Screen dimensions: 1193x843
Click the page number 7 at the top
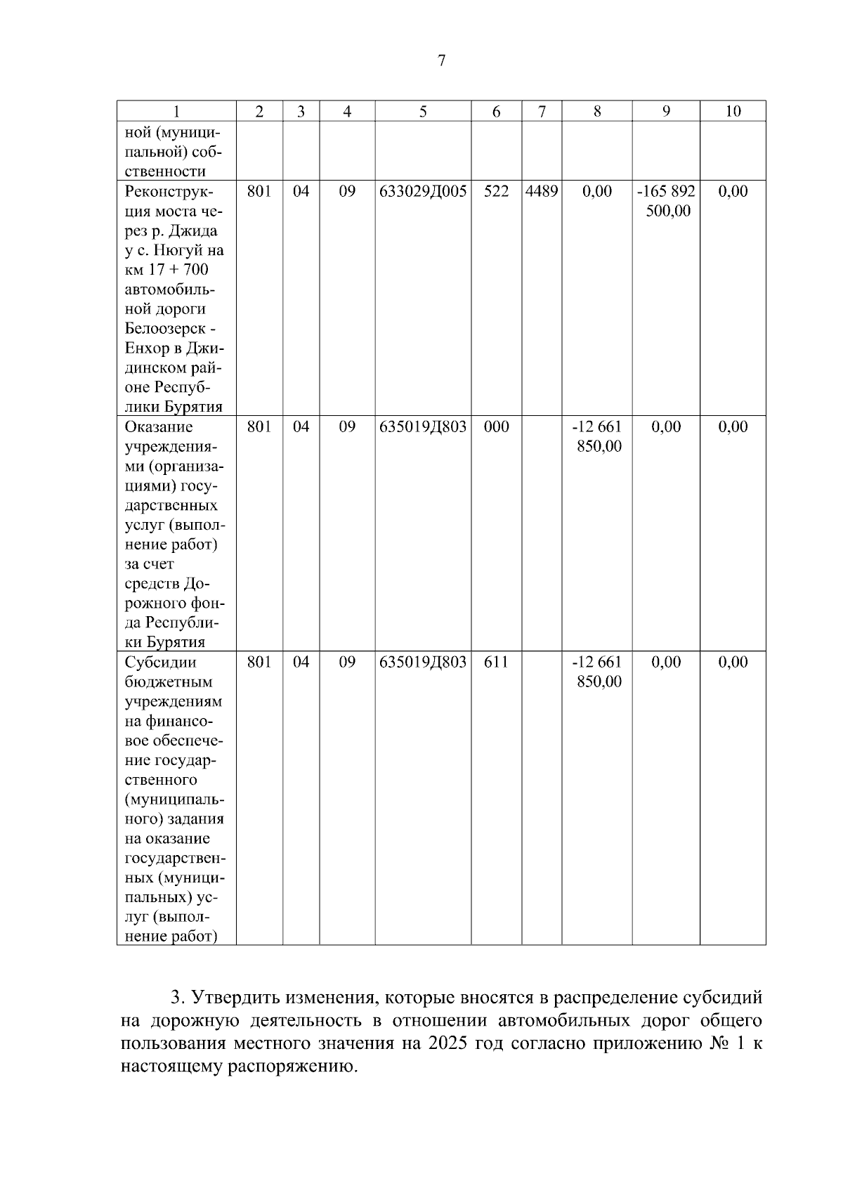[441, 61]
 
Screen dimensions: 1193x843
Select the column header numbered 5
[423, 111]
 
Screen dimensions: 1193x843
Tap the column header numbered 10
[733, 111]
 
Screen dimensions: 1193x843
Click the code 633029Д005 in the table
[423, 191]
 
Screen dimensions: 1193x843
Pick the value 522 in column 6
[496, 191]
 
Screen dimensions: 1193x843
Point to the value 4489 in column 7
[542, 191]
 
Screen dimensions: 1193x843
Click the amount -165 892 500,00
[667, 201]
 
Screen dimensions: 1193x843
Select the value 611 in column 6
[496, 662]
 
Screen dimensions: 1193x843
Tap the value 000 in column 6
[496, 426]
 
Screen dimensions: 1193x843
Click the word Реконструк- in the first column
[169, 191]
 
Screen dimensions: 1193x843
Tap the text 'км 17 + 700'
[166, 270]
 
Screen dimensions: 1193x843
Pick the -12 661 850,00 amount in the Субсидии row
[598, 672]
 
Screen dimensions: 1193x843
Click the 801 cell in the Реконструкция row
[259, 191]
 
